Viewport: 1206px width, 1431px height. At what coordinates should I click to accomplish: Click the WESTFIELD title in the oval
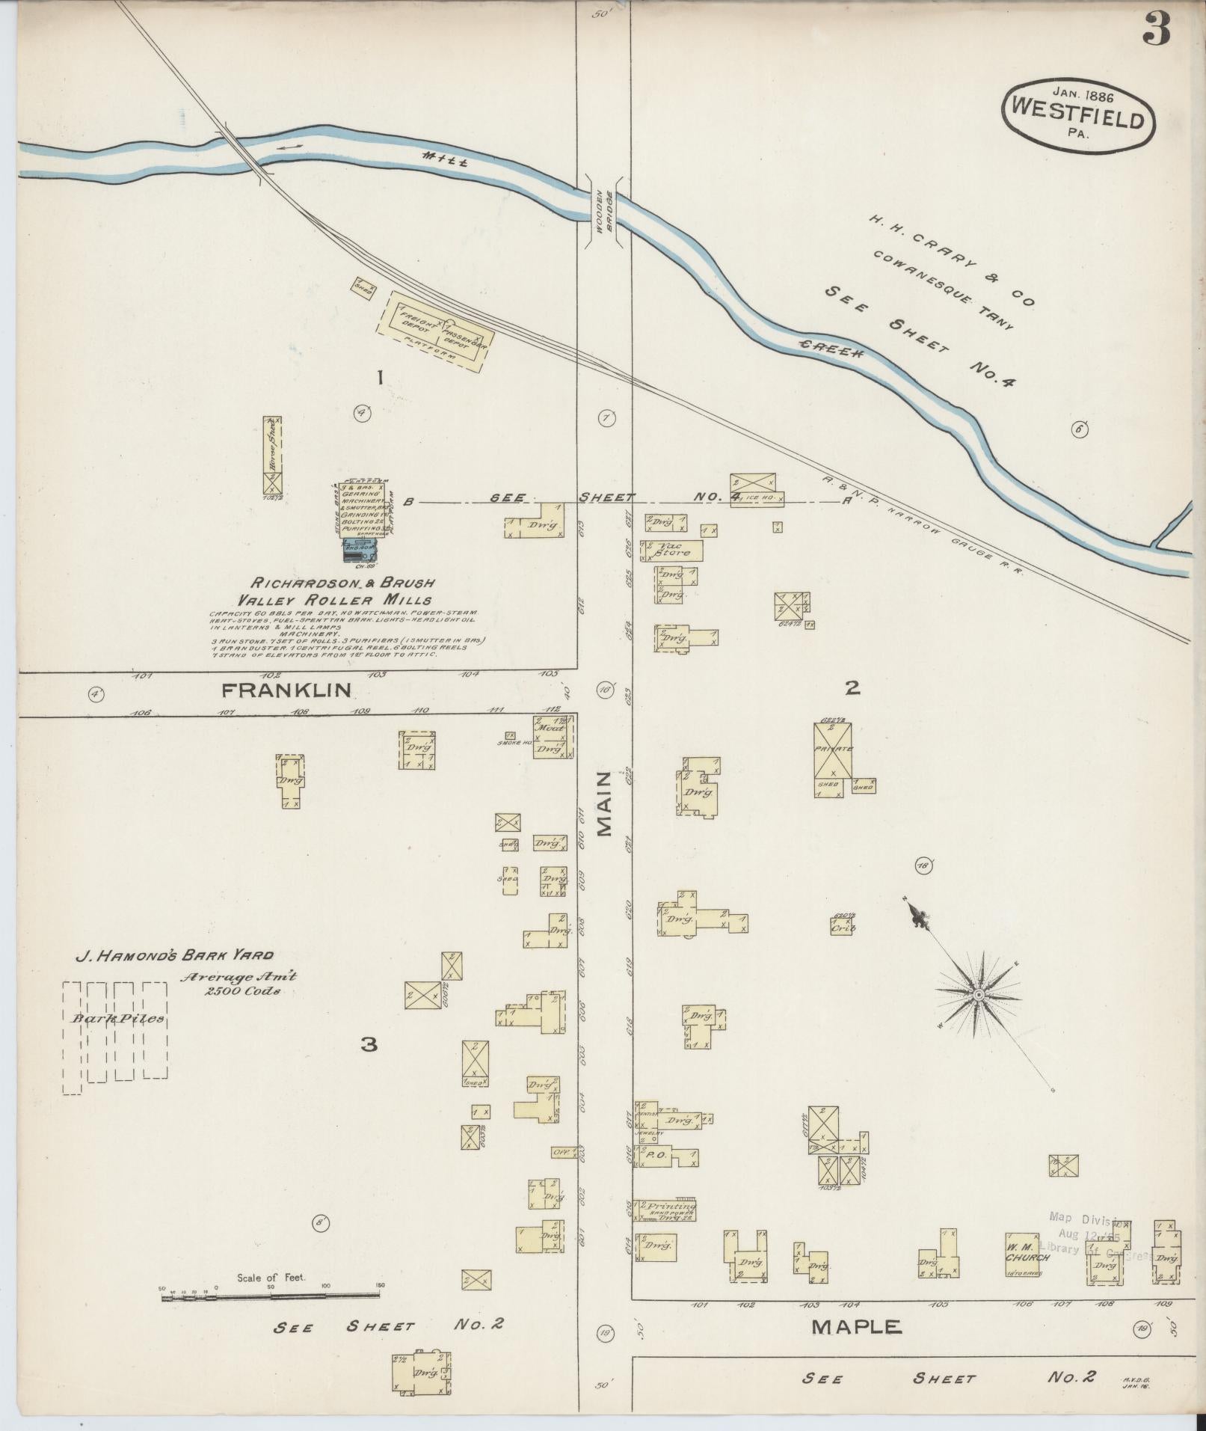(1077, 120)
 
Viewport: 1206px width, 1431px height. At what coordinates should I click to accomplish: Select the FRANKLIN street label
(286, 690)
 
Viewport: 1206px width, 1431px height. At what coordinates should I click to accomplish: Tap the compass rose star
(977, 994)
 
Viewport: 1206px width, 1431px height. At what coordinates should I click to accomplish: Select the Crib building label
(843, 927)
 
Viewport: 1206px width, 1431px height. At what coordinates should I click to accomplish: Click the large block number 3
(369, 1044)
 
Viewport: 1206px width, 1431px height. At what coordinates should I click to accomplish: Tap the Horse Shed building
(273, 453)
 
